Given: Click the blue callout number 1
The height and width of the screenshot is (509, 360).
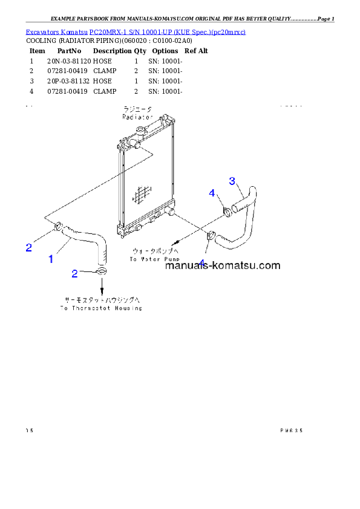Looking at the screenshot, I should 51,259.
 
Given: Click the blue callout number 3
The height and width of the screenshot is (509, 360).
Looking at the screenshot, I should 232,180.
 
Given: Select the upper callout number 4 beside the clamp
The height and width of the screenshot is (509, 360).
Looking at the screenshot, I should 212,193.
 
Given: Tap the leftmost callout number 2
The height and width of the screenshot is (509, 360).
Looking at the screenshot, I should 28,247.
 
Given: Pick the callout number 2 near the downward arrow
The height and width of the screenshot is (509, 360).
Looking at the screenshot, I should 74,274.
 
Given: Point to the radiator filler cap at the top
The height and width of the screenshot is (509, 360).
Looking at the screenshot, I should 140,131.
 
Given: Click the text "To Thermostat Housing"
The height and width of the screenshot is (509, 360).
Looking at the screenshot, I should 101,308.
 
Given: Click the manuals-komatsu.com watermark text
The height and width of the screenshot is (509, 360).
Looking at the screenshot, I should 222,265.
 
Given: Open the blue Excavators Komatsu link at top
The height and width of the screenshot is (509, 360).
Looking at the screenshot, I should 135,31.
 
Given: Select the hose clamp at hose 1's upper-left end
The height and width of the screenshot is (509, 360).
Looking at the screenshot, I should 58,227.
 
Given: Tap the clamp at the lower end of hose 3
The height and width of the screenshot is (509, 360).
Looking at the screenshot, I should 211,236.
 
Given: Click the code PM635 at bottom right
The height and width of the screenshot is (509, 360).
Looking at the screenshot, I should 291,430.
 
